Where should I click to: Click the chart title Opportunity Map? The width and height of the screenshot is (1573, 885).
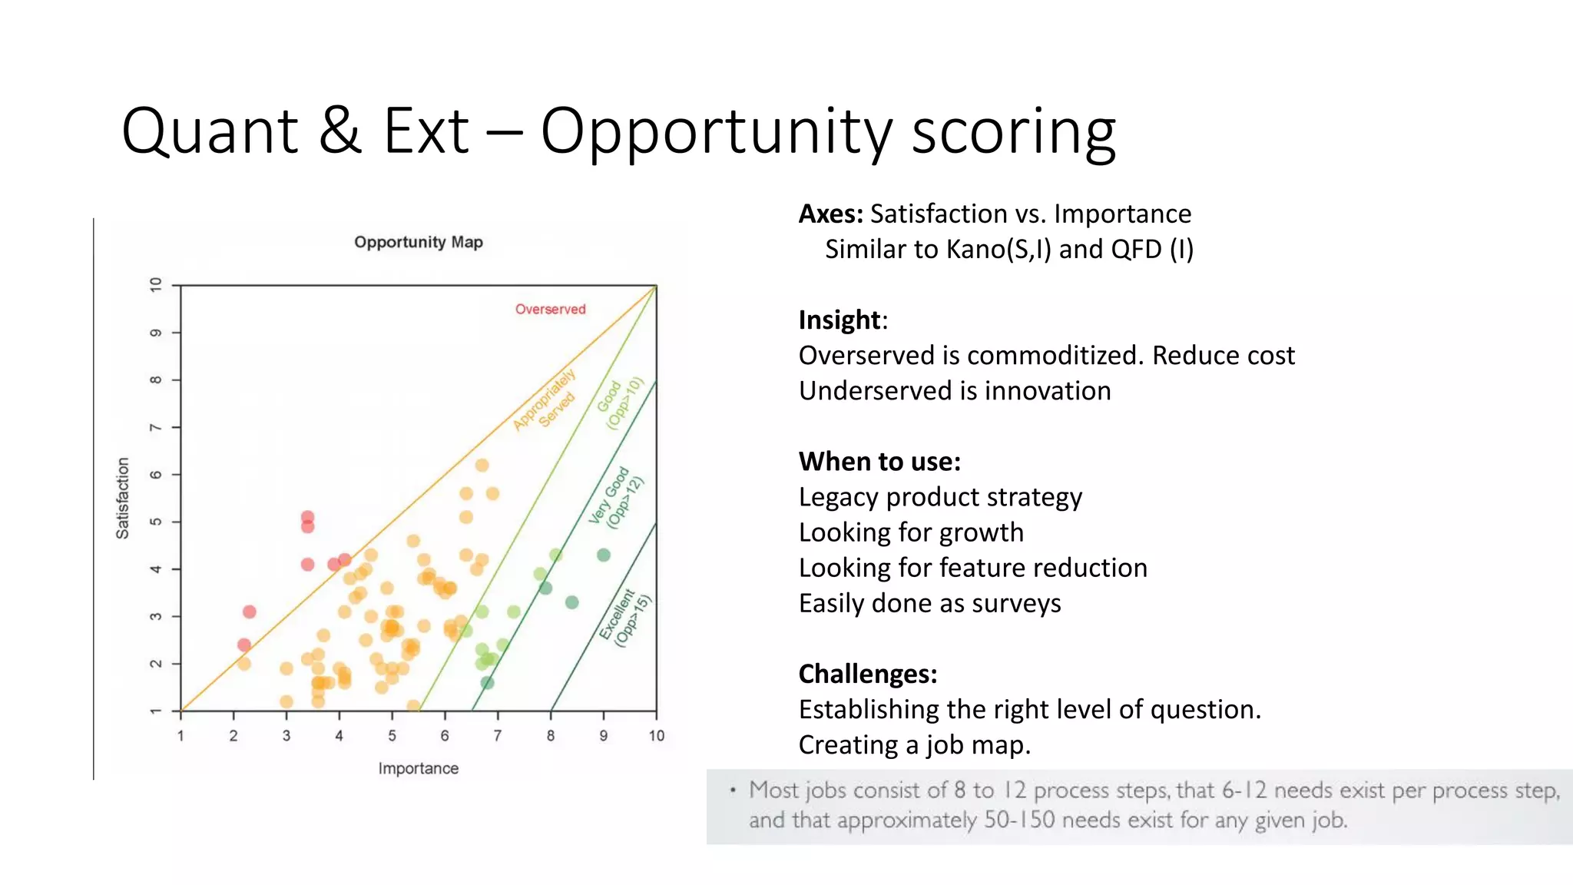point(418,242)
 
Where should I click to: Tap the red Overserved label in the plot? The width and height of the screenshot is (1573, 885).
point(550,309)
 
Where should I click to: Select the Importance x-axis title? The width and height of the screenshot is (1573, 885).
point(418,768)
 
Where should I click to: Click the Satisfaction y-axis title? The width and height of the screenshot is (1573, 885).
point(123,498)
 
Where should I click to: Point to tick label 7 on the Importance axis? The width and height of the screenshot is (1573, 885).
point(498,736)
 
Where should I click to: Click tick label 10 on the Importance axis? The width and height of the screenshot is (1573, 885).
point(656,736)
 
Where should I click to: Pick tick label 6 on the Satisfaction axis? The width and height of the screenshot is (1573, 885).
point(156,475)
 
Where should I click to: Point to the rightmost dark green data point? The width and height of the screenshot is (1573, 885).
point(604,555)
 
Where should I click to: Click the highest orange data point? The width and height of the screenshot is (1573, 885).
point(482,465)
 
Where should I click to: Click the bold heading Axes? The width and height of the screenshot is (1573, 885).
point(831,214)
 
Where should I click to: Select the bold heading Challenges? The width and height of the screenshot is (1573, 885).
point(868,674)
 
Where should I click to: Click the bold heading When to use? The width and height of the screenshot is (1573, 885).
point(879,462)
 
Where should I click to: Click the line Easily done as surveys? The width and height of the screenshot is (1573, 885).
point(929,603)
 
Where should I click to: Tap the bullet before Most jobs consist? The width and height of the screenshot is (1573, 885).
point(733,790)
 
